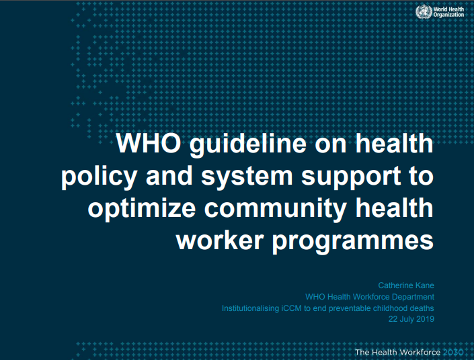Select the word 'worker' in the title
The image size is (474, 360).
pos(219,240)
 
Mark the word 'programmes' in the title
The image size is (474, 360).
pos(352,240)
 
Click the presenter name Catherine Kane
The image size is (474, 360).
pos(406,285)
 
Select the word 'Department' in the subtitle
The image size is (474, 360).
pos(411,297)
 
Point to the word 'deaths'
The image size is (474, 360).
pos(421,308)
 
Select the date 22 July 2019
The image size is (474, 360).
pos(411,319)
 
